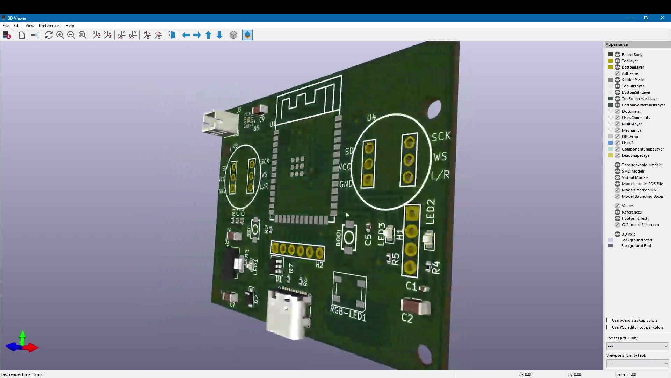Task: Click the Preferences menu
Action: click(x=50, y=26)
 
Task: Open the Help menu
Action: click(x=70, y=26)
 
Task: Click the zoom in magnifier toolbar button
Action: click(x=60, y=35)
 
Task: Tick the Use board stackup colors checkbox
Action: click(x=609, y=320)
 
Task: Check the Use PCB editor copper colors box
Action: click(x=609, y=327)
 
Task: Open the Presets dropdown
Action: click(x=637, y=346)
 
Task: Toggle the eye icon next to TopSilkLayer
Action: click(x=618, y=86)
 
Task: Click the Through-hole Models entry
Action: click(x=641, y=165)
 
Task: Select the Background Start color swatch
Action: click(x=611, y=240)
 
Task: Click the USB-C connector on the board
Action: click(x=288, y=313)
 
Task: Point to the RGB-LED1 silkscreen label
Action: click(x=348, y=314)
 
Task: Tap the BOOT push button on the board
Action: click(x=349, y=238)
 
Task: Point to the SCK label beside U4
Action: click(x=441, y=136)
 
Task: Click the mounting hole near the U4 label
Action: click(x=434, y=109)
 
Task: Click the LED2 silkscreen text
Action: click(x=431, y=211)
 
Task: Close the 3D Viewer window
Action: click(x=662, y=18)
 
